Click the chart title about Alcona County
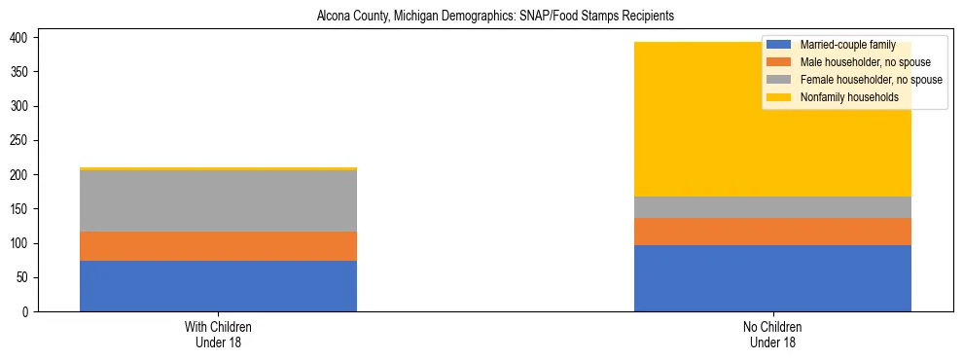click(495, 17)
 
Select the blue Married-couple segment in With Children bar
click(218, 286)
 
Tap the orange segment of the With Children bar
click(218, 246)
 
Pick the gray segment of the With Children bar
click(218, 201)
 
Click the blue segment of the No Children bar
click(772, 278)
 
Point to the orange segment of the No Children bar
click(772, 232)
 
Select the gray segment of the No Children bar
click(772, 207)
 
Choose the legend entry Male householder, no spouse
click(851, 62)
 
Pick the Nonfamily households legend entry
click(842, 97)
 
